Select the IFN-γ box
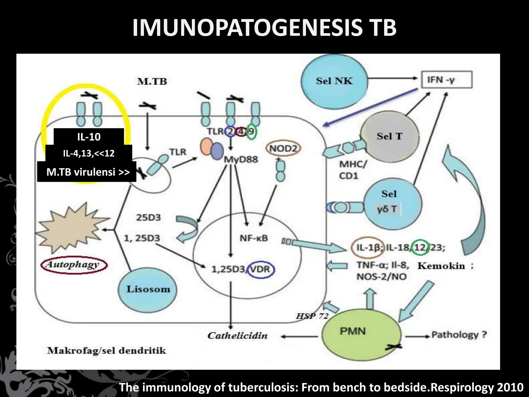[x=447, y=80]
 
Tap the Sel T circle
[x=390, y=136]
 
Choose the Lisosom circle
[x=148, y=289]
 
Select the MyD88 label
[x=241, y=159]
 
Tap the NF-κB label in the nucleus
[x=254, y=238]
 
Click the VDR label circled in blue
[x=260, y=269]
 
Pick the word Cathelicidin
[x=237, y=336]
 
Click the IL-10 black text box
[x=89, y=136]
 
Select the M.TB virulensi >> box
[x=87, y=172]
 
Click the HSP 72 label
[x=312, y=316]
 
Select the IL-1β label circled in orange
[x=368, y=248]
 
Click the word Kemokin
[x=441, y=266]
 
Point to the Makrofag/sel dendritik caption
[x=106, y=351]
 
